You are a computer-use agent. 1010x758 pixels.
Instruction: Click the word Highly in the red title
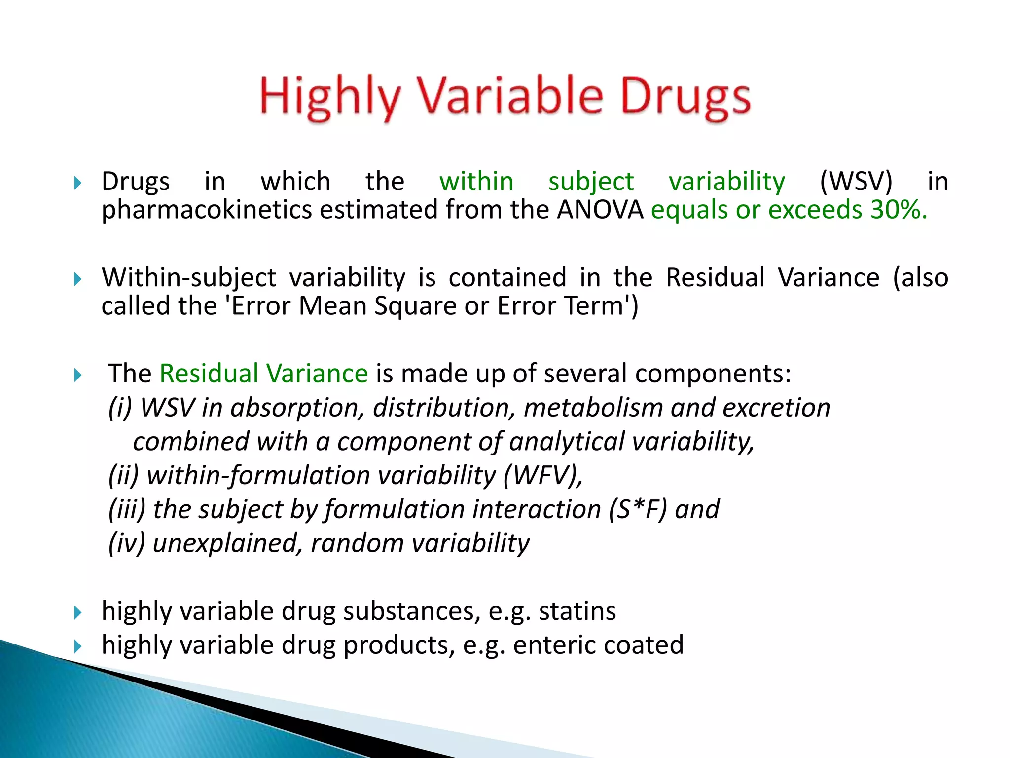329,97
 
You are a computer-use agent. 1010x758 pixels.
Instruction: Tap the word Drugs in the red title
685,97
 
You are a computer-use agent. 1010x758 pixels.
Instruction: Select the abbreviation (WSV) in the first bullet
856,181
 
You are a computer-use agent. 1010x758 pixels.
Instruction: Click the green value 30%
899,210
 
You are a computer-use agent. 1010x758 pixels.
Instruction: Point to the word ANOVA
600,210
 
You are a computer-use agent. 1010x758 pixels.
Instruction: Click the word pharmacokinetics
206,210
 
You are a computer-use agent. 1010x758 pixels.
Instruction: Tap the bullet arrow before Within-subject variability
77,279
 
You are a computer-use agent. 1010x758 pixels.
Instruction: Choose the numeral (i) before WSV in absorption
120,408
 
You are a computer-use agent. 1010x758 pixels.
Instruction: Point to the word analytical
567,441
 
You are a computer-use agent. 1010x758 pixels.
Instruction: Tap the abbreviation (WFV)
542,475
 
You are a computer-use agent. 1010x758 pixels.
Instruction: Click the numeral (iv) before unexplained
127,543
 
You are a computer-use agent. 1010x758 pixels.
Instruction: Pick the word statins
577,611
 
